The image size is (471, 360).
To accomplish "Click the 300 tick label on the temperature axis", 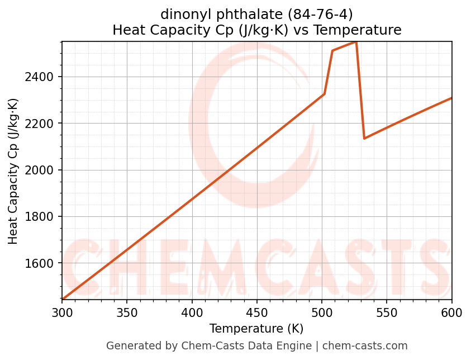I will [x=62, y=312].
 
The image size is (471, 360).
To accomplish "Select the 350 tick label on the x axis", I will [x=127, y=312].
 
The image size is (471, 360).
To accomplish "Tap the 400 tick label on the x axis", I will [x=192, y=312].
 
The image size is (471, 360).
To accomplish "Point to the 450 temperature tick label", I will [x=256, y=312].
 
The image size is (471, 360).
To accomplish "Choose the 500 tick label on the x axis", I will [x=322, y=312].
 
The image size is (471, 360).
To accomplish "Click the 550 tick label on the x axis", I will [x=387, y=312].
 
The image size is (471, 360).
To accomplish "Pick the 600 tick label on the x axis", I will [x=451, y=312].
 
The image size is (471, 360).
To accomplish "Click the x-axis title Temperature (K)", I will [x=256, y=329].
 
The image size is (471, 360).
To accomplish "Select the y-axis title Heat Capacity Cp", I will [x=13, y=171].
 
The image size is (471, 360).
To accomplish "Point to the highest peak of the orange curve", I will [x=356, y=42].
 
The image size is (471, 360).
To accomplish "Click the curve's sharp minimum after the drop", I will [x=364, y=138].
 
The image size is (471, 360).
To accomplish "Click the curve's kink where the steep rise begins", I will [x=324, y=94].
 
